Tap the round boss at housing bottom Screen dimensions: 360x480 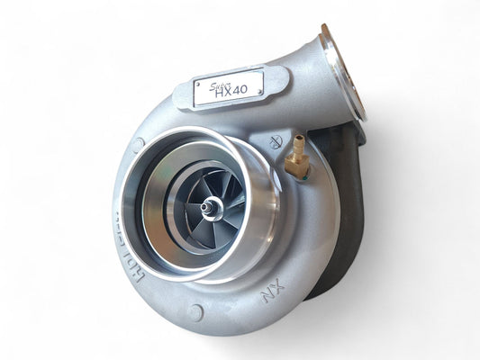[x=196, y=312]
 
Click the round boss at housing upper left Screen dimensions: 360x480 [x=137, y=143]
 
